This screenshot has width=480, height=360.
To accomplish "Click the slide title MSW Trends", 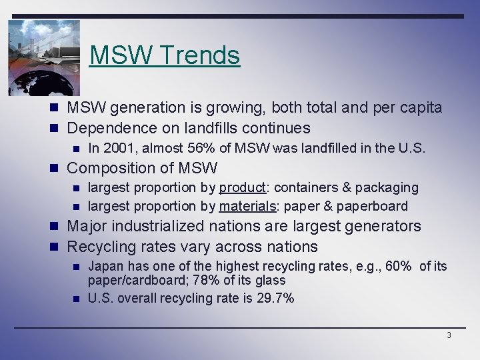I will [x=165, y=55].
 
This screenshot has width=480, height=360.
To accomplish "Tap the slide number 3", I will [x=449, y=335].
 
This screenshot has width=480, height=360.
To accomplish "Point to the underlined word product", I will [x=243, y=188].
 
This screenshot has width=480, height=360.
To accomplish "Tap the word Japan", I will [x=103, y=267].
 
